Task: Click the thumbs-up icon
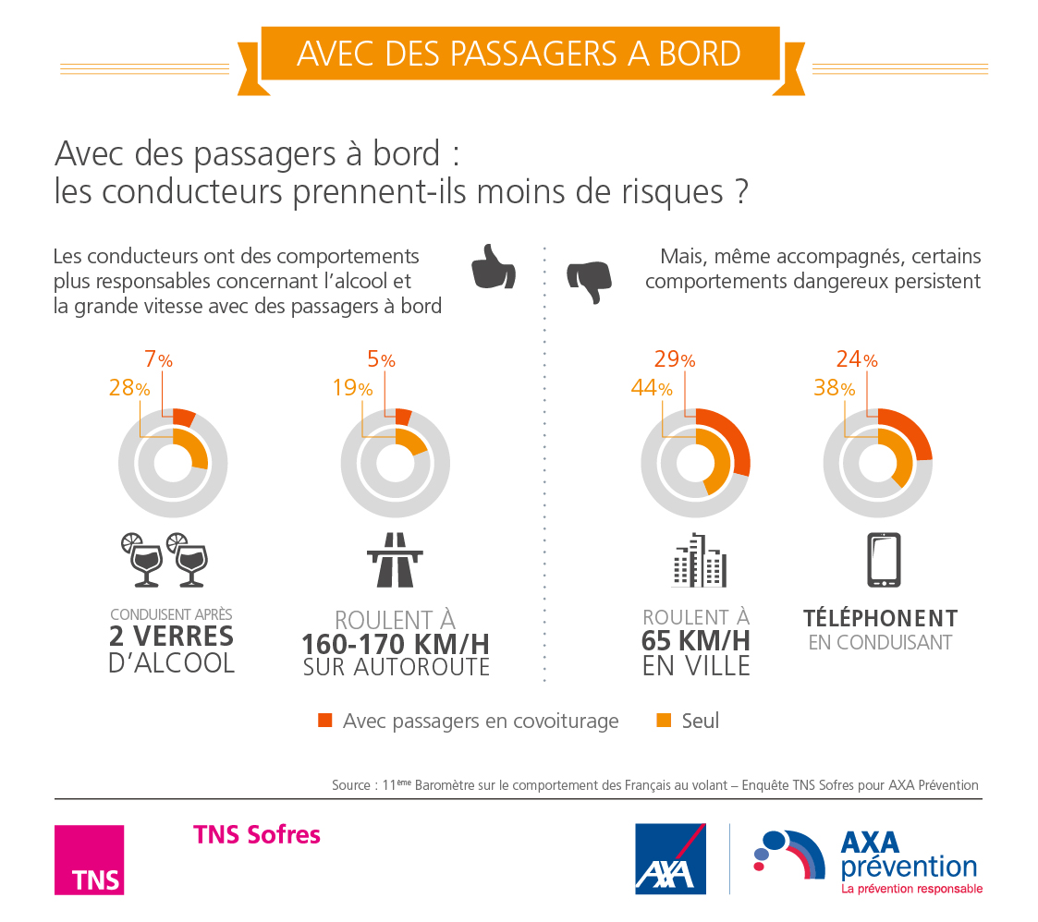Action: click(493, 269)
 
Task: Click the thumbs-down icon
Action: click(589, 280)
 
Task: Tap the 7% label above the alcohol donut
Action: click(158, 360)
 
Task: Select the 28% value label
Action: click(128, 389)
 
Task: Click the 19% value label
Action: click(352, 389)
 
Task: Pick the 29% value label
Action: click(675, 360)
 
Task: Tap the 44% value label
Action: click(652, 389)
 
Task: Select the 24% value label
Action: click(857, 360)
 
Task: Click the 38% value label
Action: click(834, 389)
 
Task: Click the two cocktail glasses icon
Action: click(164, 559)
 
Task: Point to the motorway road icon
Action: click(395, 560)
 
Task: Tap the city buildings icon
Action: click(699, 560)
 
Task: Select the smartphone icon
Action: click(884, 560)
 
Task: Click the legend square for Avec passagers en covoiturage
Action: click(324, 721)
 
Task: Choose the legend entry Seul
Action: click(699, 721)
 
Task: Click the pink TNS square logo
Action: click(89, 859)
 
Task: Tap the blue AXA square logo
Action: click(670, 859)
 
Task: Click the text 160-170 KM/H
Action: click(396, 644)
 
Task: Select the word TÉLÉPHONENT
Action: click(880, 618)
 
